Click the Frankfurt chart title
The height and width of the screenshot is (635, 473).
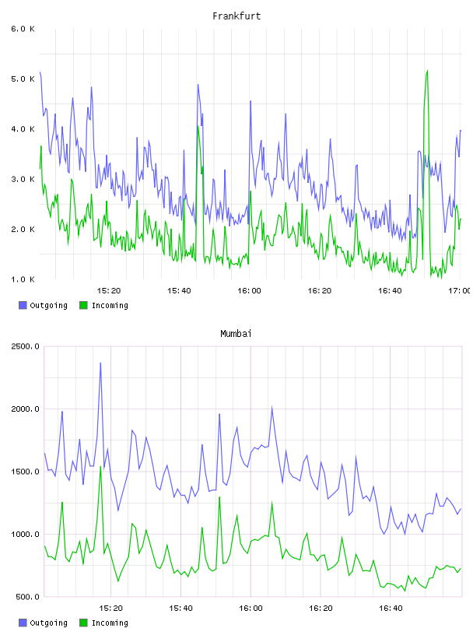[x=236, y=16]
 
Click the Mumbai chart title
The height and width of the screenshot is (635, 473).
[x=236, y=334]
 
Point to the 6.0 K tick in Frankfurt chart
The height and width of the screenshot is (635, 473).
[x=23, y=29]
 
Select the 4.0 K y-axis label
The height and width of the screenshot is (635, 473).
[x=23, y=129]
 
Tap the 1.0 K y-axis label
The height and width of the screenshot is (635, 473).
[x=23, y=279]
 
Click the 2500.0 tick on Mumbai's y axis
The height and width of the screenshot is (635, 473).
[x=25, y=346]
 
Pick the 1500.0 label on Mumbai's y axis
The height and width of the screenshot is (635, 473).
[x=25, y=472]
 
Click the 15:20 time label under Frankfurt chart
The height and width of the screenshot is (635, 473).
[x=109, y=291]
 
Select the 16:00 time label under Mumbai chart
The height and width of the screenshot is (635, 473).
[x=251, y=609]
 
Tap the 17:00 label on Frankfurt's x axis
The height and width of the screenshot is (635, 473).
[x=460, y=291]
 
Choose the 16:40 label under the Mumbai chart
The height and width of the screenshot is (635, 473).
[x=391, y=609]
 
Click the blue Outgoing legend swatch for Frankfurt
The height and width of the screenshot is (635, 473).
[x=23, y=305]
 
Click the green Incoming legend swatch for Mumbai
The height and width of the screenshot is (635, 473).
[x=83, y=623]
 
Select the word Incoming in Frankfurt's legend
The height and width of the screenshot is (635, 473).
[x=110, y=306]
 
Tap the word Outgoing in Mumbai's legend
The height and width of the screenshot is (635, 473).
[x=48, y=623]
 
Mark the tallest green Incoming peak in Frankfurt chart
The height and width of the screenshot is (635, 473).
[x=427, y=71]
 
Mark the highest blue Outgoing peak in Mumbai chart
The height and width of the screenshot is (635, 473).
[x=100, y=363]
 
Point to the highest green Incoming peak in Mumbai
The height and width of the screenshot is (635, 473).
[x=100, y=467]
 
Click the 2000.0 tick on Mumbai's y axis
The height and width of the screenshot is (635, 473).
[x=25, y=409]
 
